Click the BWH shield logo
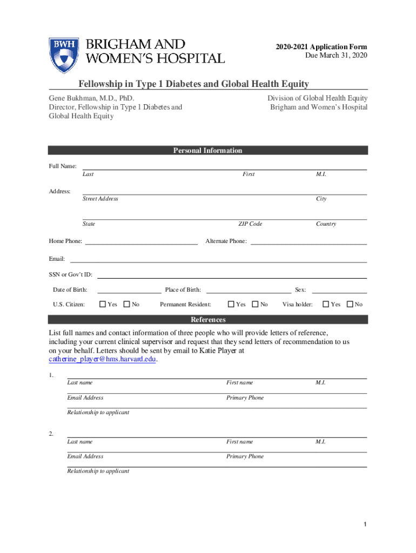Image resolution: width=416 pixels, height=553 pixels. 64,56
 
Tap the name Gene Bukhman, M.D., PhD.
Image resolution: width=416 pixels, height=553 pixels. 91,98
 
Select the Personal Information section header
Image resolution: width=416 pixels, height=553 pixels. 207,151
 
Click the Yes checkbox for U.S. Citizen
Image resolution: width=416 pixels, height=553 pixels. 103,305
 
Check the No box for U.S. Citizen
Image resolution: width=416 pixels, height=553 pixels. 127,305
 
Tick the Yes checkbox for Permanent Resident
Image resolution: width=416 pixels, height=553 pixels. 231,305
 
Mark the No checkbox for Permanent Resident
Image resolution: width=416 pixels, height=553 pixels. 256,305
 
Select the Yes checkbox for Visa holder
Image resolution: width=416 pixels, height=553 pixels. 326,305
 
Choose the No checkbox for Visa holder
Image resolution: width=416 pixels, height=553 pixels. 350,305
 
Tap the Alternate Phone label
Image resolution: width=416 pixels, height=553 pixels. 226,241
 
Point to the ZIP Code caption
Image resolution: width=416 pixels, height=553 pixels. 250,224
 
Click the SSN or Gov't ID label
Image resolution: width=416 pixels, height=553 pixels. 71,275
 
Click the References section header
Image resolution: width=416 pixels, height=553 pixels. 207,320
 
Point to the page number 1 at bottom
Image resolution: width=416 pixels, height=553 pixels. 365,525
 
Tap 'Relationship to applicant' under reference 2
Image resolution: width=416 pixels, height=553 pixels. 98,471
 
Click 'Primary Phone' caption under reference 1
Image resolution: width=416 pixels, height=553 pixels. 245,398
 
